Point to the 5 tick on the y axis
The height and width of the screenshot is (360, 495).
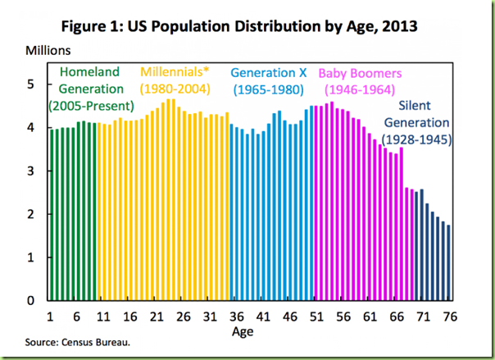[30, 84]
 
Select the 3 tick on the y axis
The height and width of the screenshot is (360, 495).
[30, 171]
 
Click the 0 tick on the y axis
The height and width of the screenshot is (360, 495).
[30, 300]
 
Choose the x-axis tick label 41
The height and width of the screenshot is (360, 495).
[261, 316]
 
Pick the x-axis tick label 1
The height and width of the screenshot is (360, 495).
[51, 316]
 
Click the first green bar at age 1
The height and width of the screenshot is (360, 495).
[51, 215]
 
